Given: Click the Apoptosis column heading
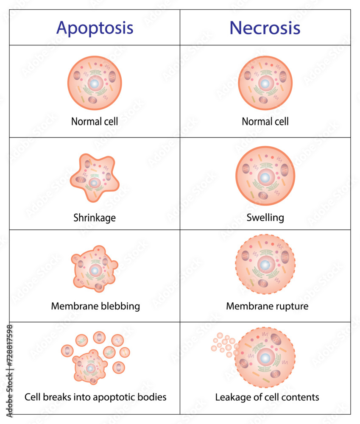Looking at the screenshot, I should pyautogui.click(x=95, y=28).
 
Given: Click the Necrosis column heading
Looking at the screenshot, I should pyautogui.click(x=265, y=28).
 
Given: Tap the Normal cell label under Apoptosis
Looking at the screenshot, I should pyautogui.click(x=95, y=122).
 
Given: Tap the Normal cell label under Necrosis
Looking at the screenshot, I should pyautogui.click(x=265, y=122).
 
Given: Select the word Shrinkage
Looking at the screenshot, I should pyautogui.click(x=95, y=218).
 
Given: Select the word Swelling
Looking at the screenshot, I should pyautogui.click(x=265, y=218).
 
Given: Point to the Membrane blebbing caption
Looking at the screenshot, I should pyautogui.click(x=95, y=306).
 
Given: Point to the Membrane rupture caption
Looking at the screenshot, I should pyautogui.click(x=267, y=306).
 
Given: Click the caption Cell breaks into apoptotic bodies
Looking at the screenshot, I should pyautogui.click(x=95, y=397).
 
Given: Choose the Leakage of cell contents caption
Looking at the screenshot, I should pyautogui.click(x=267, y=397).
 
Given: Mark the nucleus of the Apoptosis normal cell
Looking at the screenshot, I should pyautogui.click(x=95, y=84).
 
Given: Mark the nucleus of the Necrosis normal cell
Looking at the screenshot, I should pyautogui.click(x=265, y=84).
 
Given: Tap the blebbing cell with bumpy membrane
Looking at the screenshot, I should pyautogui.click(x=95, y=270).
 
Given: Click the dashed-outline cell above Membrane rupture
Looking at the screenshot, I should pyautogui.click(x=265, y=265).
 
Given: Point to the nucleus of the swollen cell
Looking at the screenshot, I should pyautogui.click(x=265, y=178).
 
